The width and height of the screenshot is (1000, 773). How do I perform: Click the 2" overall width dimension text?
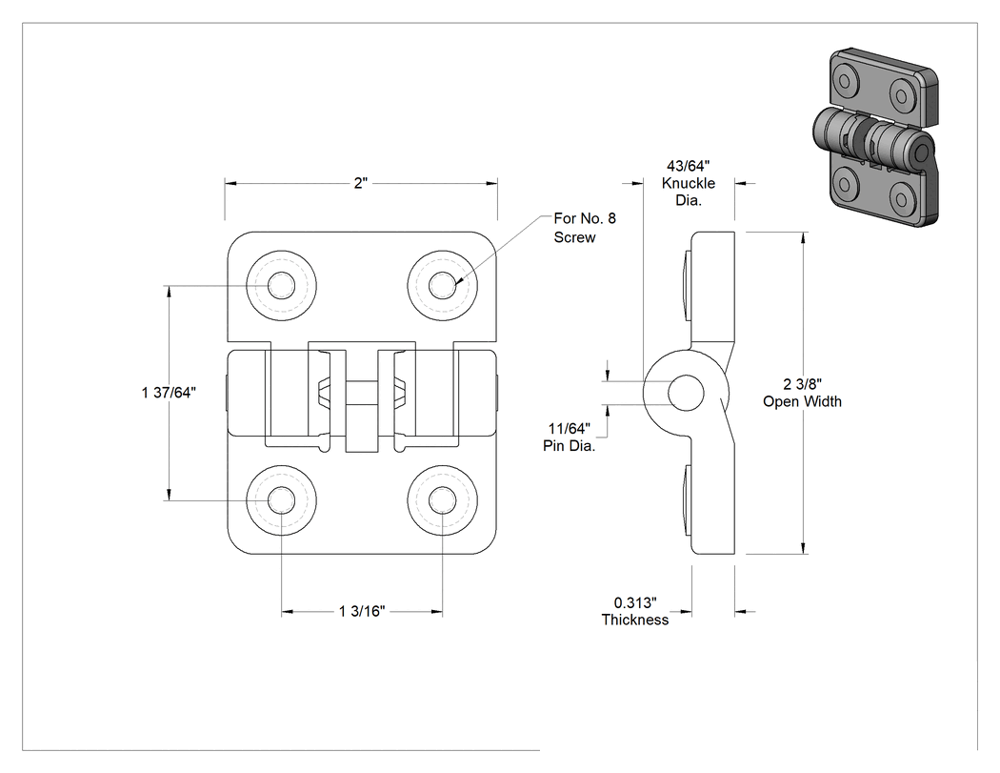pos(361,183)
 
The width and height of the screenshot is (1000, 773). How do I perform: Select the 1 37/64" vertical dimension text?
pos(169,393)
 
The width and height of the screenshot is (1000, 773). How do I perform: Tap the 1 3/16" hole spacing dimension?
pos(362,612)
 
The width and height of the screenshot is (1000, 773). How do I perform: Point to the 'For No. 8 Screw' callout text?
pos(585,228)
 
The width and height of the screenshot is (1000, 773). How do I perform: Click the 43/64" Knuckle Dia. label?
pos(689,183)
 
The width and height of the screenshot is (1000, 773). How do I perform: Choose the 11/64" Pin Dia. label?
pos(569,437)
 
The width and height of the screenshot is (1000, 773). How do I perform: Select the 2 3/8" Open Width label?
pos(802,393)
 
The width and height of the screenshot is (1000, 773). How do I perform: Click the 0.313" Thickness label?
pos(635,611)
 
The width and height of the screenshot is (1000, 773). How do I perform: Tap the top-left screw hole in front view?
pos(281,285)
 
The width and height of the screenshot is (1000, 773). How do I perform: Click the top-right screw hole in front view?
pos(442,285)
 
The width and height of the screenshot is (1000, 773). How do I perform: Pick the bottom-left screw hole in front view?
pos(281,500)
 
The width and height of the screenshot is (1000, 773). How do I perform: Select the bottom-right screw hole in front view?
pos(442,500)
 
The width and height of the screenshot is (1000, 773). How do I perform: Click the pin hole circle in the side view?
pos(686,393)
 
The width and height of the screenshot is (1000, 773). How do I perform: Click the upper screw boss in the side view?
pos(687,285)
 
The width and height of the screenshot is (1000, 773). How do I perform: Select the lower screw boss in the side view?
pos(687,500)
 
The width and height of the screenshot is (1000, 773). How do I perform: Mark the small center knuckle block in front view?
pos(362,417)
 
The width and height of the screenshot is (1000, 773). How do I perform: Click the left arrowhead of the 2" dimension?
pos(230,183)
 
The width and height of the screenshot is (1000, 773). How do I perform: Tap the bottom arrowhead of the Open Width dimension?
pos(803,548)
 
